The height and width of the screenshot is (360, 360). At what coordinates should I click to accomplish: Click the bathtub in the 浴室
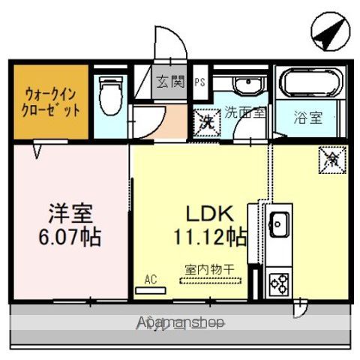point(310,82)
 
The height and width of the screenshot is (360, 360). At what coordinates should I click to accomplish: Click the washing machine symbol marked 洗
point(206,120)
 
